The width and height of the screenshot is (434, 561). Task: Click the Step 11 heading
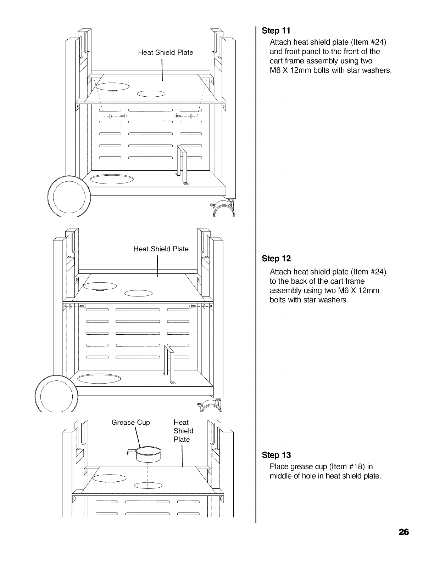coord(276,30)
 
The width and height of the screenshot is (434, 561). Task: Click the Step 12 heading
coord(276,259)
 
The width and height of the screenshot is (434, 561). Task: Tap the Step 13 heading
coord(276,455)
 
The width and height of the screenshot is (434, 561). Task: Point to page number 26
coord(404,532)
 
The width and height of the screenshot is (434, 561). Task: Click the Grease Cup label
coord(130,423)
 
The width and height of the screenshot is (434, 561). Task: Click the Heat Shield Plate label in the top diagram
coord(165,53)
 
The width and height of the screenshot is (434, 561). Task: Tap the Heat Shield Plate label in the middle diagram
coord(161,249)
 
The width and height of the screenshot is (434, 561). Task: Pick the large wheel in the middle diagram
coord(57,394)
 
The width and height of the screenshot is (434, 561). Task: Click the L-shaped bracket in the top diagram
coord(183,165)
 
